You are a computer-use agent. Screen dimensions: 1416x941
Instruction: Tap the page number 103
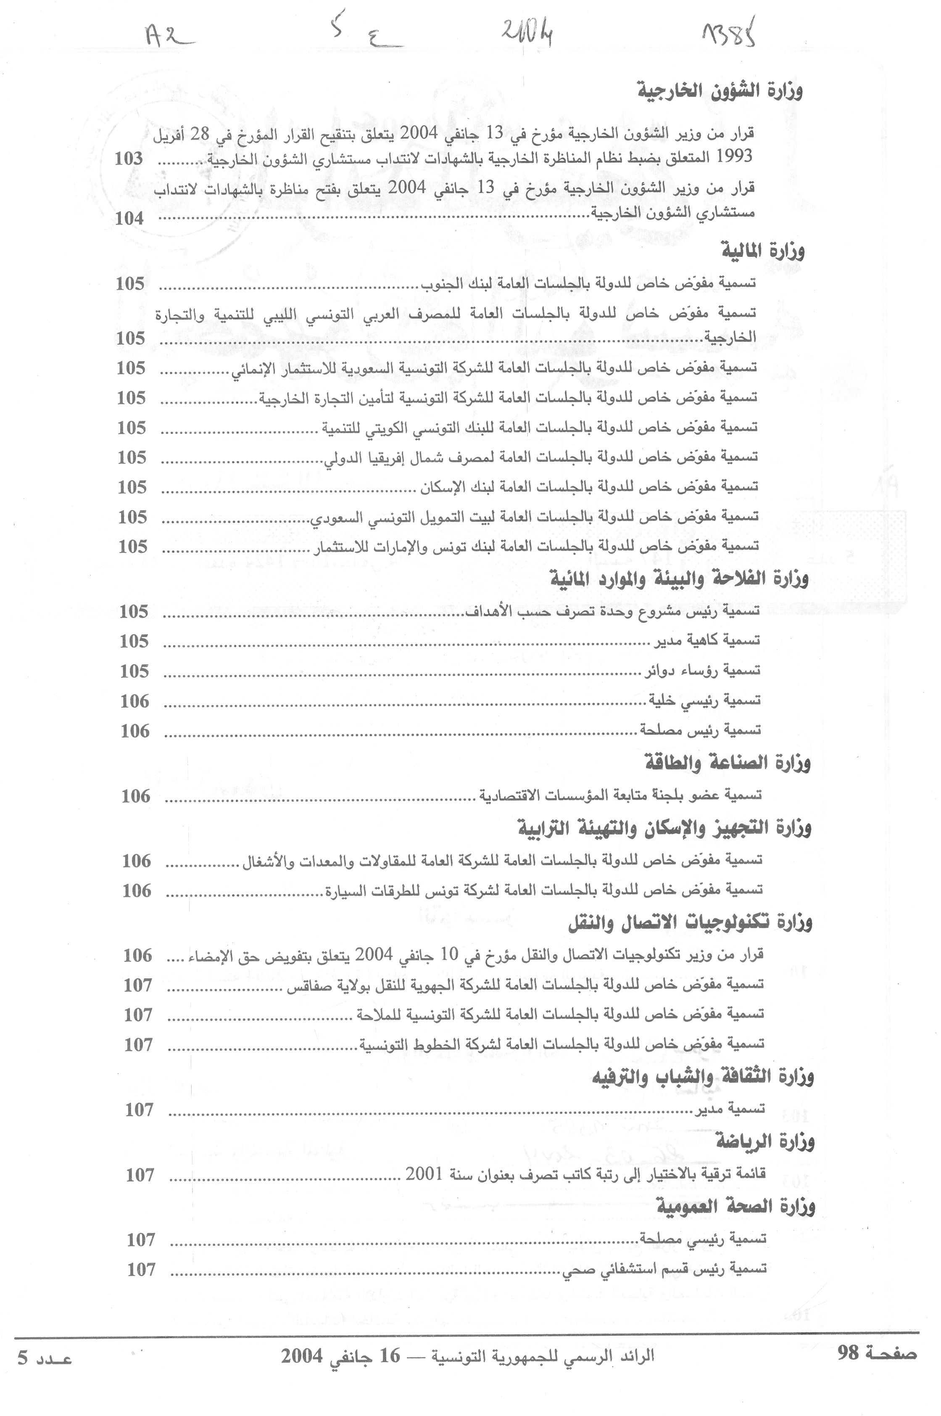click(x=129, y=159)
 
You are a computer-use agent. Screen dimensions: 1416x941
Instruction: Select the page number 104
click(x=129, y=219)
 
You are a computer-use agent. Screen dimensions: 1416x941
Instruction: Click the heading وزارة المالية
click(x=762, y=250)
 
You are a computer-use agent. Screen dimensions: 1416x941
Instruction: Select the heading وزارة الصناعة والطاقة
click(x=727, y=763)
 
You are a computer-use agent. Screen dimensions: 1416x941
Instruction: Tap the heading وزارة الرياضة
click(x=765, y=1142)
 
